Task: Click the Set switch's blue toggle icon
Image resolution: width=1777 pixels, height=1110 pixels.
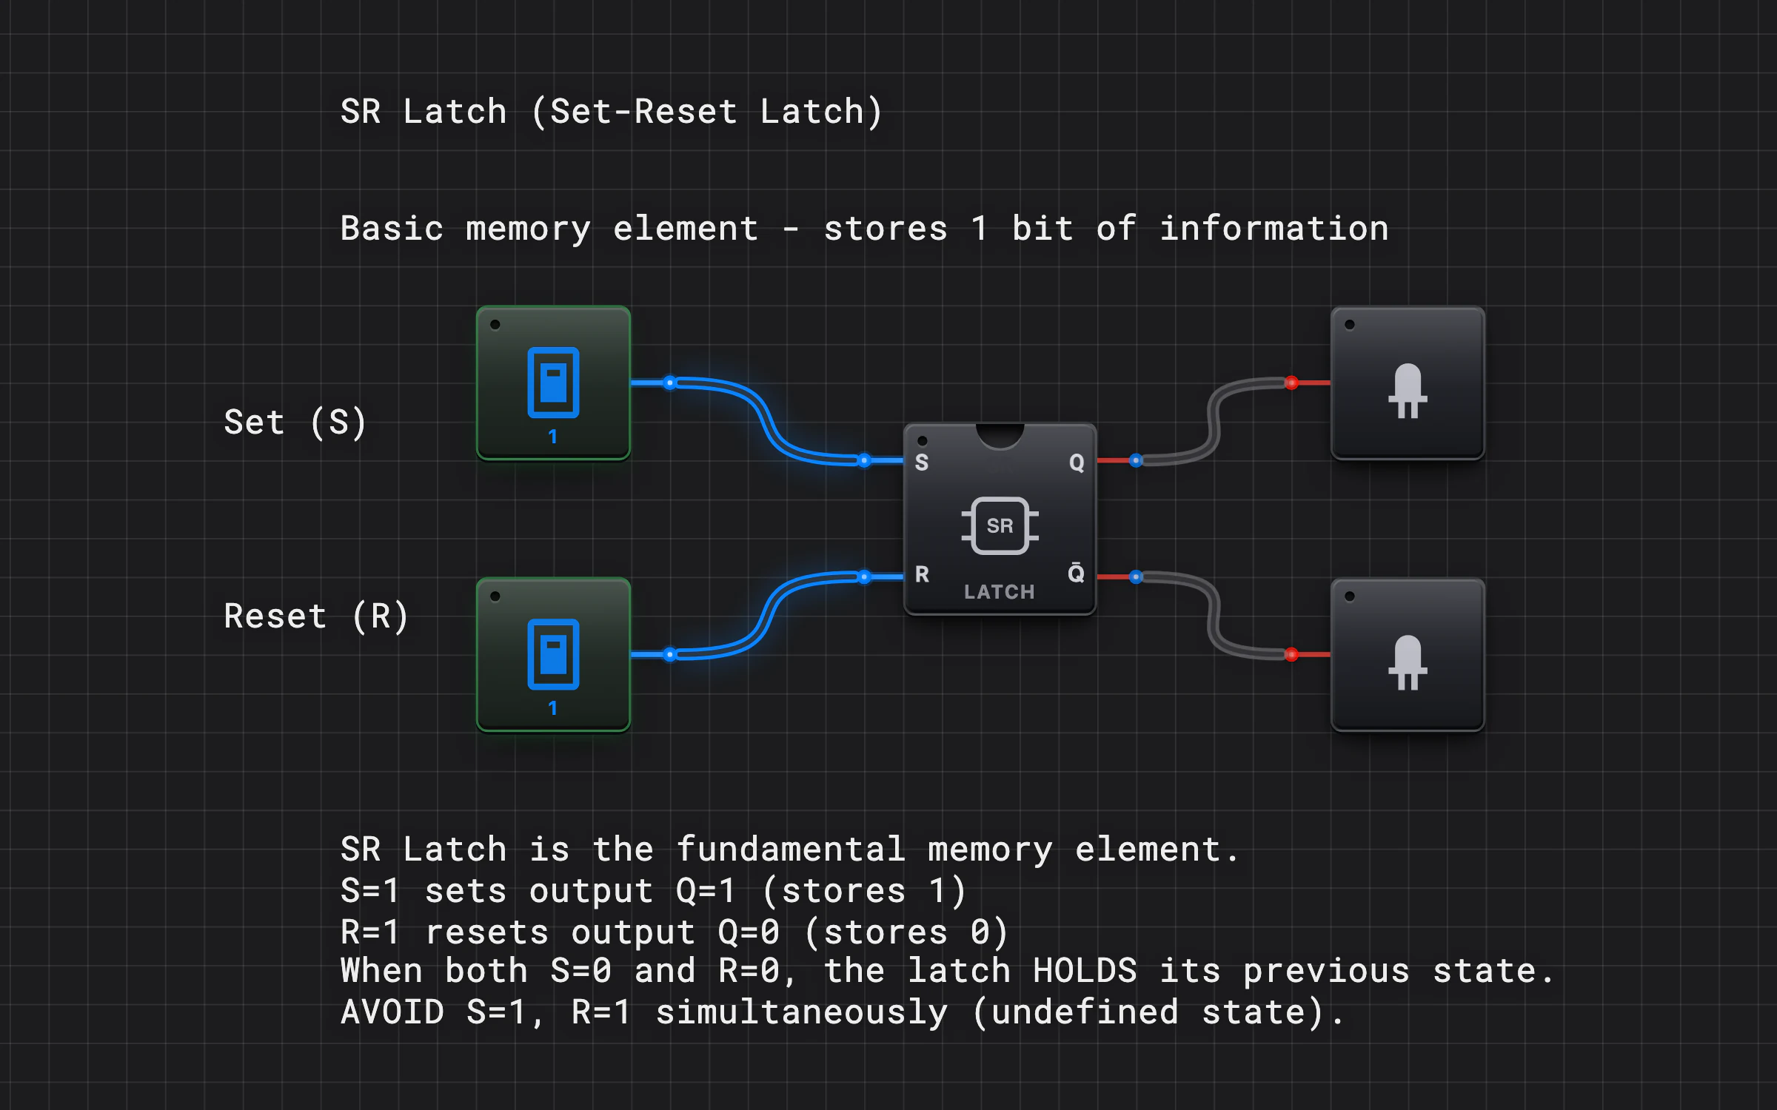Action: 553,383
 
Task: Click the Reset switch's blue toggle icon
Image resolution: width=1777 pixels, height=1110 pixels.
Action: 553,654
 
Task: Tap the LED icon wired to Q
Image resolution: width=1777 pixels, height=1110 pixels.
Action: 1408,391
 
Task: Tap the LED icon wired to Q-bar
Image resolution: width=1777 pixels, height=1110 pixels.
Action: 1408,662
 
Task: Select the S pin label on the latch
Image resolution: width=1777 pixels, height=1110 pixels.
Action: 922,462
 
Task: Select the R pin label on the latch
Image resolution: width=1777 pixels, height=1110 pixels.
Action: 922,574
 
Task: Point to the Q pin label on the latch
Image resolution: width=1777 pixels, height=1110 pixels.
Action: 1077,463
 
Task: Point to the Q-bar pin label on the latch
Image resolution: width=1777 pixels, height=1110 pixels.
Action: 1077,572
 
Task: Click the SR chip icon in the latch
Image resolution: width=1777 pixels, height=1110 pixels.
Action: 1000,525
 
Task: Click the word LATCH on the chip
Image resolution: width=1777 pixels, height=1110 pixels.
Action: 1000,592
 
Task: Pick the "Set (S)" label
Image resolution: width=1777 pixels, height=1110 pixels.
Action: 295,423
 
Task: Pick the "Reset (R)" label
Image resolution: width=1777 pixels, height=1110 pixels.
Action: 316,616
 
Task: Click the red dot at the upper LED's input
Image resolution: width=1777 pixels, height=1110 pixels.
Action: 1291,383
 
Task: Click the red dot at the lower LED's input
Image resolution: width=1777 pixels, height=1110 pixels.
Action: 1291,654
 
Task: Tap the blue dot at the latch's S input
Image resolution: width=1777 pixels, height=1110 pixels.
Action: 864,460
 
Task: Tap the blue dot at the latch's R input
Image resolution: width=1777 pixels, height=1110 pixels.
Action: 864,576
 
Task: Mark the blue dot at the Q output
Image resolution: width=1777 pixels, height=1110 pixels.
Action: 1136,460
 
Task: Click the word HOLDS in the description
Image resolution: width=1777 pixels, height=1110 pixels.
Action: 1085,970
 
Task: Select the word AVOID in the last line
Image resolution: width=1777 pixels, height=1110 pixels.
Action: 392,1012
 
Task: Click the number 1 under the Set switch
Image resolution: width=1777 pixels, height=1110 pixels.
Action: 553,437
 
